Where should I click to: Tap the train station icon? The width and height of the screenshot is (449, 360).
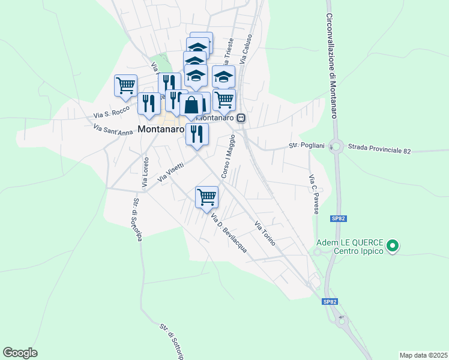tap(241, 118)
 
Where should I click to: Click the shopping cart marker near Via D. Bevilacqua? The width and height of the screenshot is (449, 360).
tap(206, 196)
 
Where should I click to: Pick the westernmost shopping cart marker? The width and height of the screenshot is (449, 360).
tap(126, 85)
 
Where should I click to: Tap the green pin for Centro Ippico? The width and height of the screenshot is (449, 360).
tap(393, 245)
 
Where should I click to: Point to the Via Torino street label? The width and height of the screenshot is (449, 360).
tap(265, 235)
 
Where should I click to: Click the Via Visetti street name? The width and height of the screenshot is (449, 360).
tap(170, 173)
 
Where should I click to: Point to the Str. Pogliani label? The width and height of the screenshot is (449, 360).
tap(307, 146)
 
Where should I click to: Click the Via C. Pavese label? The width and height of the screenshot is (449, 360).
tap(313, 194)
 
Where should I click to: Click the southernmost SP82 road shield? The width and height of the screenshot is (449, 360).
tap(328, 301)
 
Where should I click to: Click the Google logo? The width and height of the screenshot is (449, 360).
tap(20, 353)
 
